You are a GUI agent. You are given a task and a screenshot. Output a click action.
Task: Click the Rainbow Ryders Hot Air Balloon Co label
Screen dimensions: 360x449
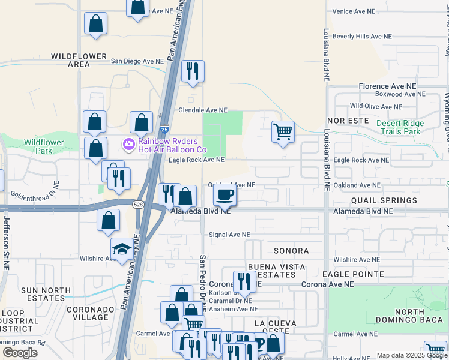pos(172,145)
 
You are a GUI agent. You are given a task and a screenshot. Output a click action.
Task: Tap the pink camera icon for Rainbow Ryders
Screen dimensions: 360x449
pos(129,145)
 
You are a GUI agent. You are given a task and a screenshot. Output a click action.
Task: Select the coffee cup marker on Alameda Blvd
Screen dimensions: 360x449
pos(225,194)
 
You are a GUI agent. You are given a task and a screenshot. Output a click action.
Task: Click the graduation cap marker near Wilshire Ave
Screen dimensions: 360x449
pos(122,249)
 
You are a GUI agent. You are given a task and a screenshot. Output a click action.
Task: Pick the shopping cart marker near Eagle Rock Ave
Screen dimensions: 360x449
pos(283,131)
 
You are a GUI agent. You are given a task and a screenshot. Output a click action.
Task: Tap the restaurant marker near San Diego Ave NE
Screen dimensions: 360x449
pos(193,71)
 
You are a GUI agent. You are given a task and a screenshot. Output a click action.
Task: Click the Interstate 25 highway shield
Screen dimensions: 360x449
pos(164,129)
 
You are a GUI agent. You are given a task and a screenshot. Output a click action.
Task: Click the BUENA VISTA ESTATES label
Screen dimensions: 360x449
pos(273,271)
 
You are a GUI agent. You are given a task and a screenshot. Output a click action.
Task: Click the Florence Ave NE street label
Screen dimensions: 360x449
pos(387,86)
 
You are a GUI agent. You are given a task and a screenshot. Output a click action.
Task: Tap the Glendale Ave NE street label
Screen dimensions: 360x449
pos(203,110)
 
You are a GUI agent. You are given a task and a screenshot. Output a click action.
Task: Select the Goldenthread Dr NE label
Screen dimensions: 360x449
pos(37,195)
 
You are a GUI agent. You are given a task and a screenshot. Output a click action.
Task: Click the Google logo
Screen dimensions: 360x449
pos(20,353)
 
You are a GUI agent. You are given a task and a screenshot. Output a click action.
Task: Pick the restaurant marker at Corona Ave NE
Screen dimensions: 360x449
pos(244,280)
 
